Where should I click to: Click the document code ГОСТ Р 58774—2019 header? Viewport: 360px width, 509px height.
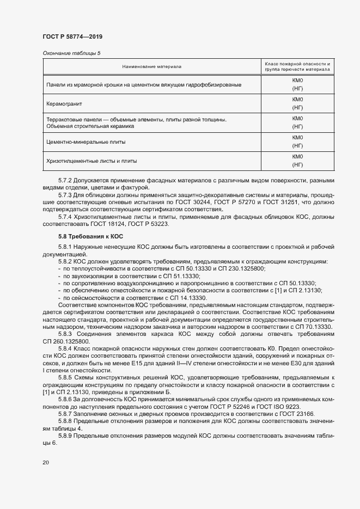pyautogui.click(x=72, y=36)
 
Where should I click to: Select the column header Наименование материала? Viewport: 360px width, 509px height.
pyautogui.click(x=152, y=66)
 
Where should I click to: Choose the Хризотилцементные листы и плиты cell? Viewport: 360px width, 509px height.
pyautogui.click(x=92, y=161)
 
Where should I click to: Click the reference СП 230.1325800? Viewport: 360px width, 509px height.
pyautogui.click(x=239, y=269)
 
